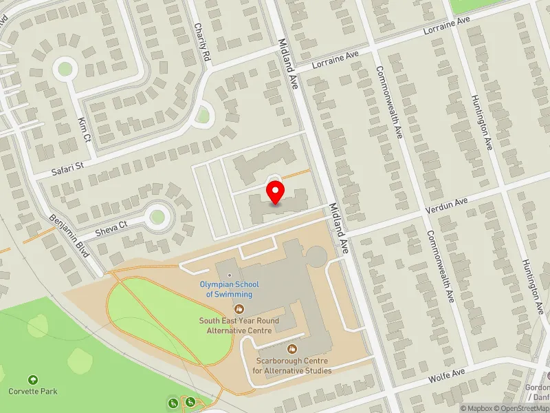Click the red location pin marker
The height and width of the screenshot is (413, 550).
(275, 193)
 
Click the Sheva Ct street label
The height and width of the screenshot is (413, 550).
(112, 226)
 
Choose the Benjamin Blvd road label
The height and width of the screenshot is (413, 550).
(71, 235)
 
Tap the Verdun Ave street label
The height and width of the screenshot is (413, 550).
(448, 204)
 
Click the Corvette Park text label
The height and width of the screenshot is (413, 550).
(32, 392)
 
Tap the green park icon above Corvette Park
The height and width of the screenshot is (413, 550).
(32, 379)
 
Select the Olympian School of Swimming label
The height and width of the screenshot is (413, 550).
(225, 289)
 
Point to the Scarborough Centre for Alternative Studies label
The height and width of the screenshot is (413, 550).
(291, 366)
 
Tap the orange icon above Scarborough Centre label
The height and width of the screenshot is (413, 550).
(291, 349)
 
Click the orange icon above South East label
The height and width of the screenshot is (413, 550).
(239, 309)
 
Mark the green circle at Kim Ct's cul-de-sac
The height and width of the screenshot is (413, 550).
(65, 68)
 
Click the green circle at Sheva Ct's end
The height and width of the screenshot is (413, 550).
(157, 217)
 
